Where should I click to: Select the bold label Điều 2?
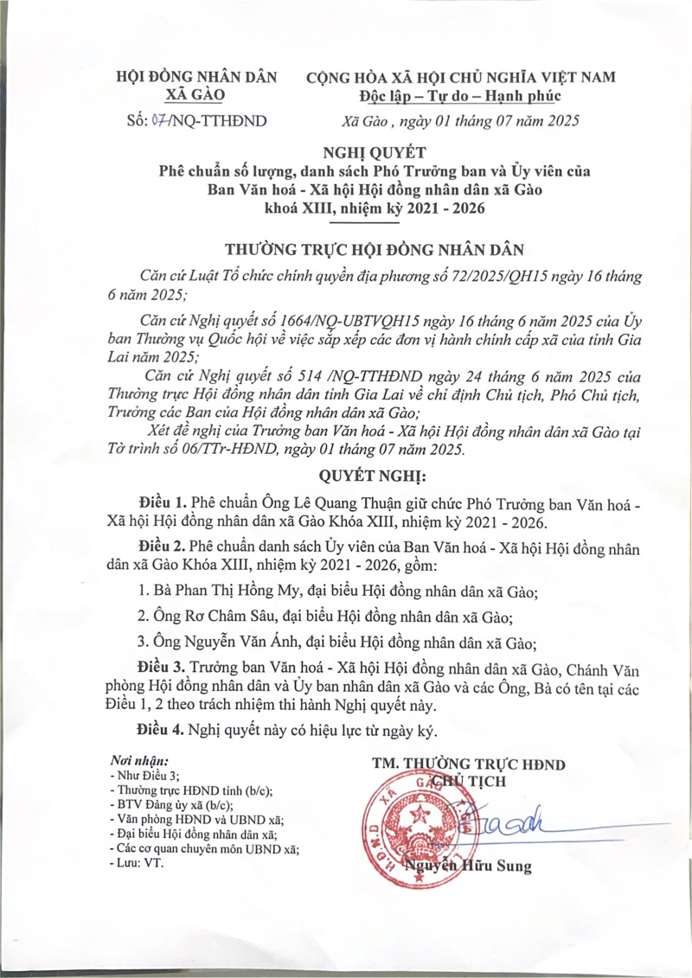162,548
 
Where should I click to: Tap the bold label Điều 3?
162,668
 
